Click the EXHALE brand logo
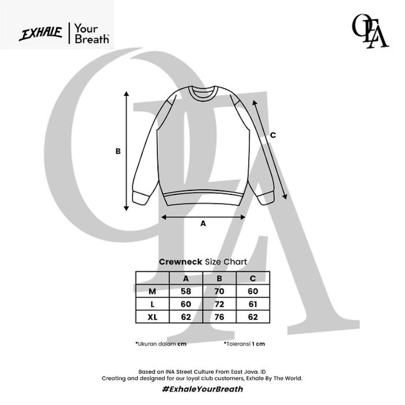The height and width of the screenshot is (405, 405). click(x=41, y=34)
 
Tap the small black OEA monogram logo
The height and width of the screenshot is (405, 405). click(x=370, y=31)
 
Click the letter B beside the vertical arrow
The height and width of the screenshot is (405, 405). click(x=118, y=151)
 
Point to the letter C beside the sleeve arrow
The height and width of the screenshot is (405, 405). click(x=273, y=135)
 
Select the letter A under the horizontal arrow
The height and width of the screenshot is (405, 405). click(x=204, y=224)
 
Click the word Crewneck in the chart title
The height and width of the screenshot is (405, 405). click(x=181, y=262)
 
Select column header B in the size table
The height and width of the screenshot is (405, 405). click(x=219, y=278)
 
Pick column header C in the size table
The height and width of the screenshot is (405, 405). click(x=253, y=278)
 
